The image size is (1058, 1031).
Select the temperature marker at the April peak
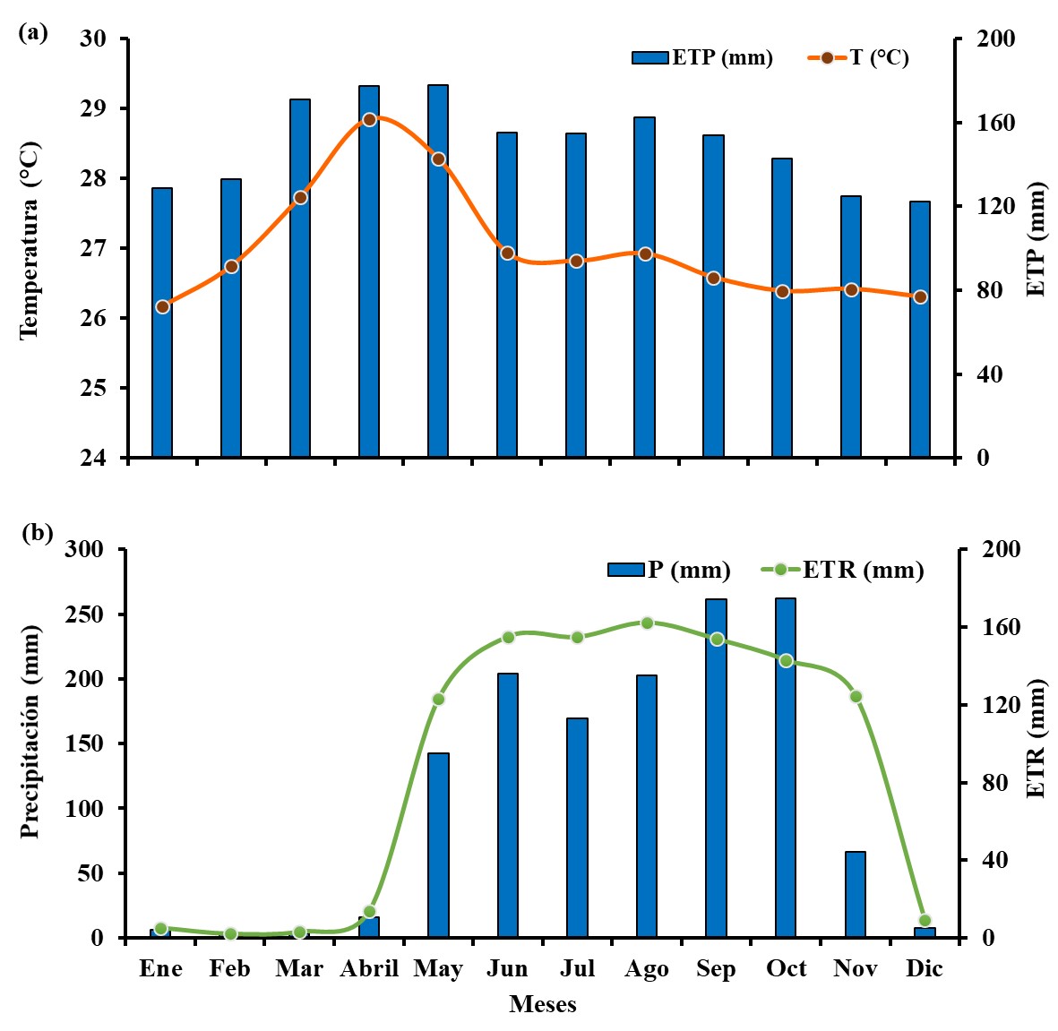(369, 119)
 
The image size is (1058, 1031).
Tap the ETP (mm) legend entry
(702, 57)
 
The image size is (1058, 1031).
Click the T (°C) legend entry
(859, 57)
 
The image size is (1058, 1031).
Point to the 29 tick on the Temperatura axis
(93, 108)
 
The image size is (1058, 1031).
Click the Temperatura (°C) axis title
(30, 240)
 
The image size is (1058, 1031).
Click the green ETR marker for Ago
(647, 623)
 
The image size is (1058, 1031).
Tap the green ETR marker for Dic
(925, 920)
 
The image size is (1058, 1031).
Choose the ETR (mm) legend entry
(843, 570)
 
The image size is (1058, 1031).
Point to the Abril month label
(369, 968)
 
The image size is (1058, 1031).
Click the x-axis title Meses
(543, 1004)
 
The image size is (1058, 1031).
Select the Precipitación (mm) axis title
(30, 732)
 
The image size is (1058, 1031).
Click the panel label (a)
(33, 33)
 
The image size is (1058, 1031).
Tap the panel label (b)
(37, 533)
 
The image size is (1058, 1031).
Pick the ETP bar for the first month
(162, 322)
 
